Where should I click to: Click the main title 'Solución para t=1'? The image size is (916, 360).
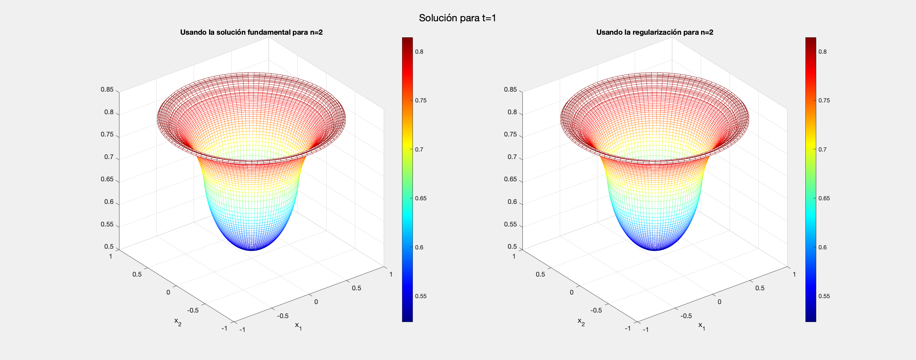[457, 18]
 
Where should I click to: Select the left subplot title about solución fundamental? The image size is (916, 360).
[251, 32]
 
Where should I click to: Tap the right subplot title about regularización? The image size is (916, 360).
[655, 32]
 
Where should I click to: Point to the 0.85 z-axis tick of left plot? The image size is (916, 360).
[107, 90]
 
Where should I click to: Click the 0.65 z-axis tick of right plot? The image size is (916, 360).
[510, 179]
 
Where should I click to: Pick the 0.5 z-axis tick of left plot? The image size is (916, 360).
[109, 246]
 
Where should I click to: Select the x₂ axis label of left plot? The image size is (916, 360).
[177, 322]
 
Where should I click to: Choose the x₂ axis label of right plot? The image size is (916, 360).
[581, 322]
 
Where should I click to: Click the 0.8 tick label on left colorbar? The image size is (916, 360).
[419, 52]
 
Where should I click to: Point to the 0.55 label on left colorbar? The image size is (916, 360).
[421, 296]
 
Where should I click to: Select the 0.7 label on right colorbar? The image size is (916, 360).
[822, 150]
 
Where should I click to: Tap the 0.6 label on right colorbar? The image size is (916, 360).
[822, 247]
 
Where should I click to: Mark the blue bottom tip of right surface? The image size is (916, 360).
[655, 249]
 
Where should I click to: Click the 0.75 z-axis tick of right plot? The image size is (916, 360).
[510, 135]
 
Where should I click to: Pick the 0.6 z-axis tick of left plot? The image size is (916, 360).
[109, 202]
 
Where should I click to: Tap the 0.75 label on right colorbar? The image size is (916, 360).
[824, 100]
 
